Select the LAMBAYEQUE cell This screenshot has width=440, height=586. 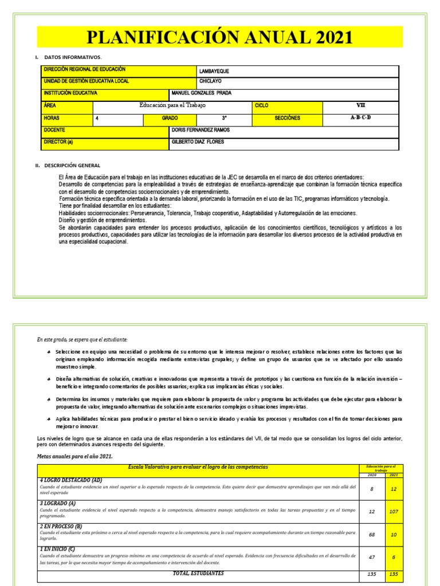(x=214, y=71)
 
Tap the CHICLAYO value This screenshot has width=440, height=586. (x=210, y=82)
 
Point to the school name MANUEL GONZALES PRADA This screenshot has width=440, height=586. (x=202, y=93)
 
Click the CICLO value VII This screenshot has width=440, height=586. (x=360, y=106)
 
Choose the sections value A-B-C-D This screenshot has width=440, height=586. (x=360, y=118)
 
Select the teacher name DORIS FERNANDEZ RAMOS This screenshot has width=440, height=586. (x=201, y=130)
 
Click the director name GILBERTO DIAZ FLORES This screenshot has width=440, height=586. (x=198, y=142)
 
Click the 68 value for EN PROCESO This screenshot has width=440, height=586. (x=372, y=535)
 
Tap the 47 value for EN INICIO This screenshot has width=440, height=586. (x=372, y=556)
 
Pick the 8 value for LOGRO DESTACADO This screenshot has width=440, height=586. (x=372, y=489)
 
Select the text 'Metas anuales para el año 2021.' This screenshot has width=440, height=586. (x=74, y=456)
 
